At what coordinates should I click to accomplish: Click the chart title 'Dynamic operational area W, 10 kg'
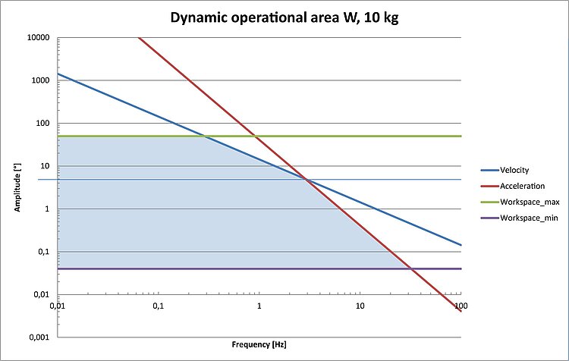pos(284,18)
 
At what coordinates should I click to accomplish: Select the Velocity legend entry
pos(514,170)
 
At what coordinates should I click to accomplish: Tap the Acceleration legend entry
pos(520,186)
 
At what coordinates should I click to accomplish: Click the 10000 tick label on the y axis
pos(39,38)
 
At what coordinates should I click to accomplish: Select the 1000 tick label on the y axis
pos(41,80)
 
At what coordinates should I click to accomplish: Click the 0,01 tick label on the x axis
pos(58,306)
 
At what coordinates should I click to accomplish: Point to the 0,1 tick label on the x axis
pos(159,306)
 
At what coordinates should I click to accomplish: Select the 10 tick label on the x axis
pos(360,306)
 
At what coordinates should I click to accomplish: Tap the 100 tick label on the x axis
pos(460,306)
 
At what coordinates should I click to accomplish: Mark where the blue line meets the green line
pos(205,136)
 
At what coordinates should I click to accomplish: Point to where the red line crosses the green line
pos(256,136)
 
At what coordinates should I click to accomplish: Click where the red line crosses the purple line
pos(410,268)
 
